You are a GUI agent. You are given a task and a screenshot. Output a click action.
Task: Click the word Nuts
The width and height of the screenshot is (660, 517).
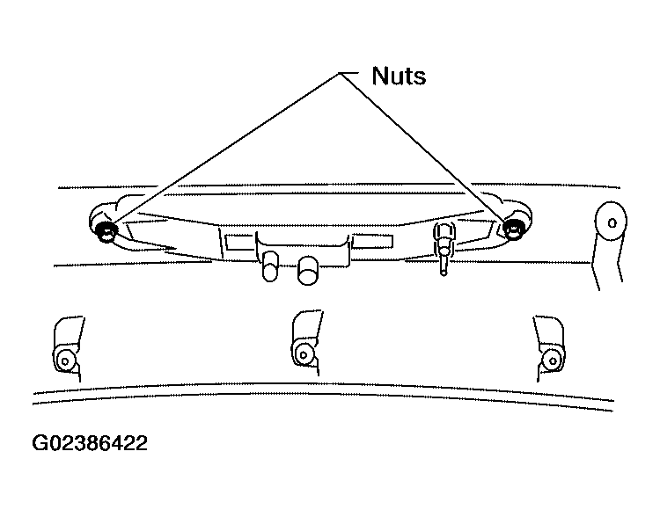pos(399,76)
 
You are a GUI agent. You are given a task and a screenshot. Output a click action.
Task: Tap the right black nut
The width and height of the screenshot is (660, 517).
pos(513,228)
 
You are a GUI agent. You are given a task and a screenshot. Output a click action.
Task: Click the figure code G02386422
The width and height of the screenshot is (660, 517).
pos(90,443)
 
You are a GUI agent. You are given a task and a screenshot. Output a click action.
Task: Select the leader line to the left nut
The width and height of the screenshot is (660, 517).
pos(224,149)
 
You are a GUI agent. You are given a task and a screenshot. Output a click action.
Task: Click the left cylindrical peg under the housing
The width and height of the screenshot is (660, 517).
pos(270,266)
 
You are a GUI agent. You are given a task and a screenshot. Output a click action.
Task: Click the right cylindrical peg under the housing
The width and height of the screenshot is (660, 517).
pos(308,271)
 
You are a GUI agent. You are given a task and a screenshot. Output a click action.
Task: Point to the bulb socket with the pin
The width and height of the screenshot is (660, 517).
pos(444,240)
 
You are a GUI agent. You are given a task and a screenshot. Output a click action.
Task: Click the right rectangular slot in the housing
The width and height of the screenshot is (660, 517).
pos(372,241)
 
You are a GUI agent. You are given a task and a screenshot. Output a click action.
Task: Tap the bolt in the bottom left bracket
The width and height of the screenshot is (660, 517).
pos(65,360)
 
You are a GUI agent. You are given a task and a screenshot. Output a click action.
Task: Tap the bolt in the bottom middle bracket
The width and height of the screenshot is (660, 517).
pos(303,353)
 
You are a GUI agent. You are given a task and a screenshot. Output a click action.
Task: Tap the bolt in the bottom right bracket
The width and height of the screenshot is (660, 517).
pos(553,360)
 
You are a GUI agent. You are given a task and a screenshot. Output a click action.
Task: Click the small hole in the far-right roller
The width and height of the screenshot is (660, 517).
pos(612,222)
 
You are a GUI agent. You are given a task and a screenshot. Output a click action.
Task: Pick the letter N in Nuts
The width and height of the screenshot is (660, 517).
pos(379,76)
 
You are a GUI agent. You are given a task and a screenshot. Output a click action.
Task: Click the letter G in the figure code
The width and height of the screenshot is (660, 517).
pos(40,443)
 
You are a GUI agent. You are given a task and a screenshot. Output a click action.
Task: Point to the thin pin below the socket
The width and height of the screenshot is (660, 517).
pos(444,265)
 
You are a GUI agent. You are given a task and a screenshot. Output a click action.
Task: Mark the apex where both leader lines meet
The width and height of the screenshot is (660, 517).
pos(340,74)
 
